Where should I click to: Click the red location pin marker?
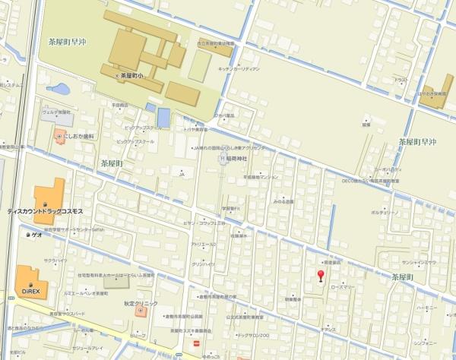tap(320, 276)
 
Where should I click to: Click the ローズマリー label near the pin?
tap(344, 287)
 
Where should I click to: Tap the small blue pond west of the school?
tap(62, 90)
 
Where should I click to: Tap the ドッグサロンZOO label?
tap(253, 334)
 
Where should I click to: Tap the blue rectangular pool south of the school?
tap(164, 117)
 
